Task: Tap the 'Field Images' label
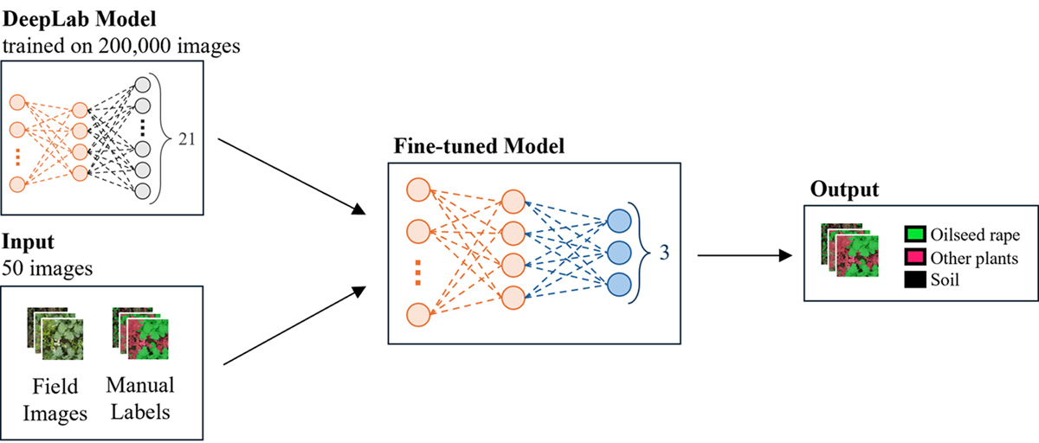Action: (55, 399)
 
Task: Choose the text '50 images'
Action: (47, 268)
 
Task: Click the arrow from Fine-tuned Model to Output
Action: (745, 255)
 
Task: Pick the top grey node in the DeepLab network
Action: (144, 87)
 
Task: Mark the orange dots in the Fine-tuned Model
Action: (416, 272)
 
